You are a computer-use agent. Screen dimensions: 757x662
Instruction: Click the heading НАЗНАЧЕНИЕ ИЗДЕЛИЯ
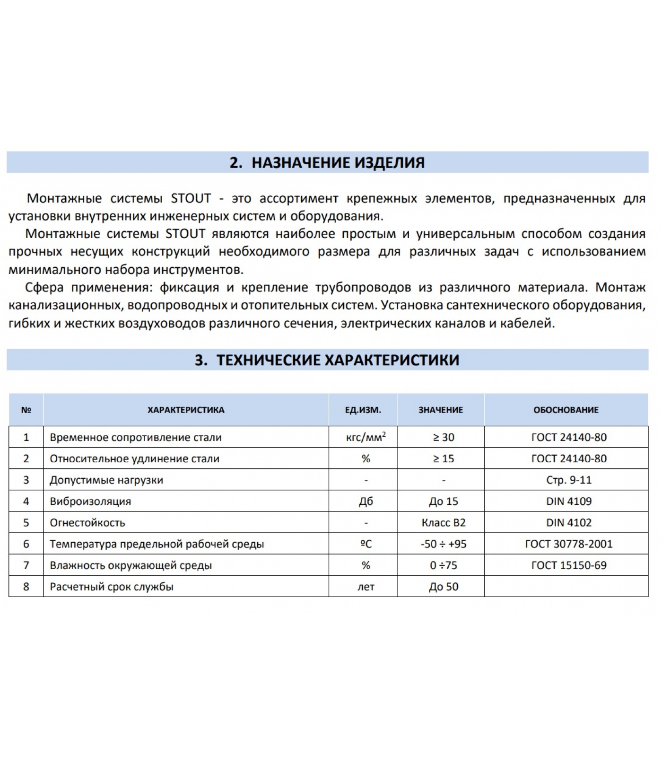(327, 162)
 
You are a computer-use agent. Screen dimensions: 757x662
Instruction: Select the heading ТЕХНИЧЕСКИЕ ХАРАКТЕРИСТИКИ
(327, 360)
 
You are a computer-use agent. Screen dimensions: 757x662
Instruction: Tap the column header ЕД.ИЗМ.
(363, 410)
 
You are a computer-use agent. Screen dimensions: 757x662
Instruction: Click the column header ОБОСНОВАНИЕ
(566, 410)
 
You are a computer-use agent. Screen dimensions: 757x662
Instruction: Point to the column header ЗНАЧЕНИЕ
(440, 410)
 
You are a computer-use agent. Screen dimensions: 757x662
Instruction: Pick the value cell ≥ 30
(443, 437)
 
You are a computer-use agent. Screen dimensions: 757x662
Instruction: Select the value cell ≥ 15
(443, 458)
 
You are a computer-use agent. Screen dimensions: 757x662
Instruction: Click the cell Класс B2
(443, 523)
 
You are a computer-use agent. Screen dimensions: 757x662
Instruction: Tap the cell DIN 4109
(568, 502)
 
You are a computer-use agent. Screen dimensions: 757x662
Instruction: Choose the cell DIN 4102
(568, 523)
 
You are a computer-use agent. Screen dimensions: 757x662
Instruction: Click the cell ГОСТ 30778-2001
(568, 544)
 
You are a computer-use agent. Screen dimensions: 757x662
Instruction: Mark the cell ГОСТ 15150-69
(568, 565)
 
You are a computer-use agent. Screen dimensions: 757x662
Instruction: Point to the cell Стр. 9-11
(568, 480)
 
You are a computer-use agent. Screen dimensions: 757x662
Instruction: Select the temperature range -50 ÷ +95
(443, 544)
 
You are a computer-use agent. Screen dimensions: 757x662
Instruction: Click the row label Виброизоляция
(90, 502)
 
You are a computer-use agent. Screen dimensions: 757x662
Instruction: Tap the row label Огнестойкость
(87, 523)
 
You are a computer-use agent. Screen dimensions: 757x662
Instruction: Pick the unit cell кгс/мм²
(366, 437)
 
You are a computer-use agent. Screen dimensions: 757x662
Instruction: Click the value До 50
(443, 587)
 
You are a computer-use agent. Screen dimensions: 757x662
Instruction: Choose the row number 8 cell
(26, 587)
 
